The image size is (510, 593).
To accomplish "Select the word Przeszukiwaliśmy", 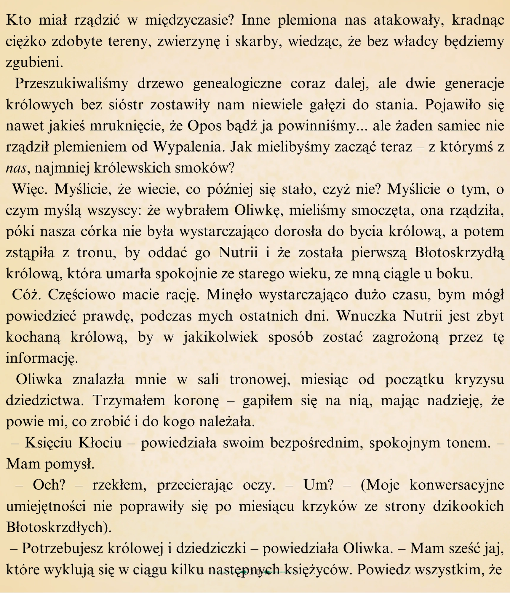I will [x=71, y=84].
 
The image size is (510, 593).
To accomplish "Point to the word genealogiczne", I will [x=237, y=84].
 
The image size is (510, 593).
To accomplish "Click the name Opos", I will [x=204, y=126].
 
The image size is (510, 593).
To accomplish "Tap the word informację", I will [x=42, y=358].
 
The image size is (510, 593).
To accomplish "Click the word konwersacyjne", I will [x=457, y=485].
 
